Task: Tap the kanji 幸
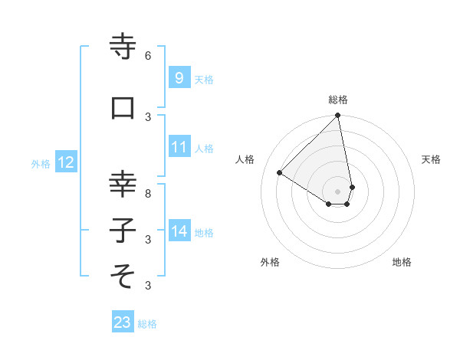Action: [123, 184]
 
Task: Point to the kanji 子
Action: [123, 230]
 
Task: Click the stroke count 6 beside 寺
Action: [148, 55]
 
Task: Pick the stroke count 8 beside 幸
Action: [148, 193]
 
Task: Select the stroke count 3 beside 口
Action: [148, 116]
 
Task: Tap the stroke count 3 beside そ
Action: [148, 285]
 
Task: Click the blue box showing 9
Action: [179, 77]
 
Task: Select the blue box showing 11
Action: [179, 147]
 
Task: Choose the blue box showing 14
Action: [179, 231]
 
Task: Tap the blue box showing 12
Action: [65, 162]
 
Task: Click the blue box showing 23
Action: [123, 322]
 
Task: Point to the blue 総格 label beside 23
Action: [147, 324]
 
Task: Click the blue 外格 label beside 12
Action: [40, 163]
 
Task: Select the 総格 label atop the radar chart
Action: [338, 100]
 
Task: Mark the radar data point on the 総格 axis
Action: [338, 116]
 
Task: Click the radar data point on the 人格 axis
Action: [280, 172]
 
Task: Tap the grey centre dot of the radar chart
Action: [337, 191]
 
